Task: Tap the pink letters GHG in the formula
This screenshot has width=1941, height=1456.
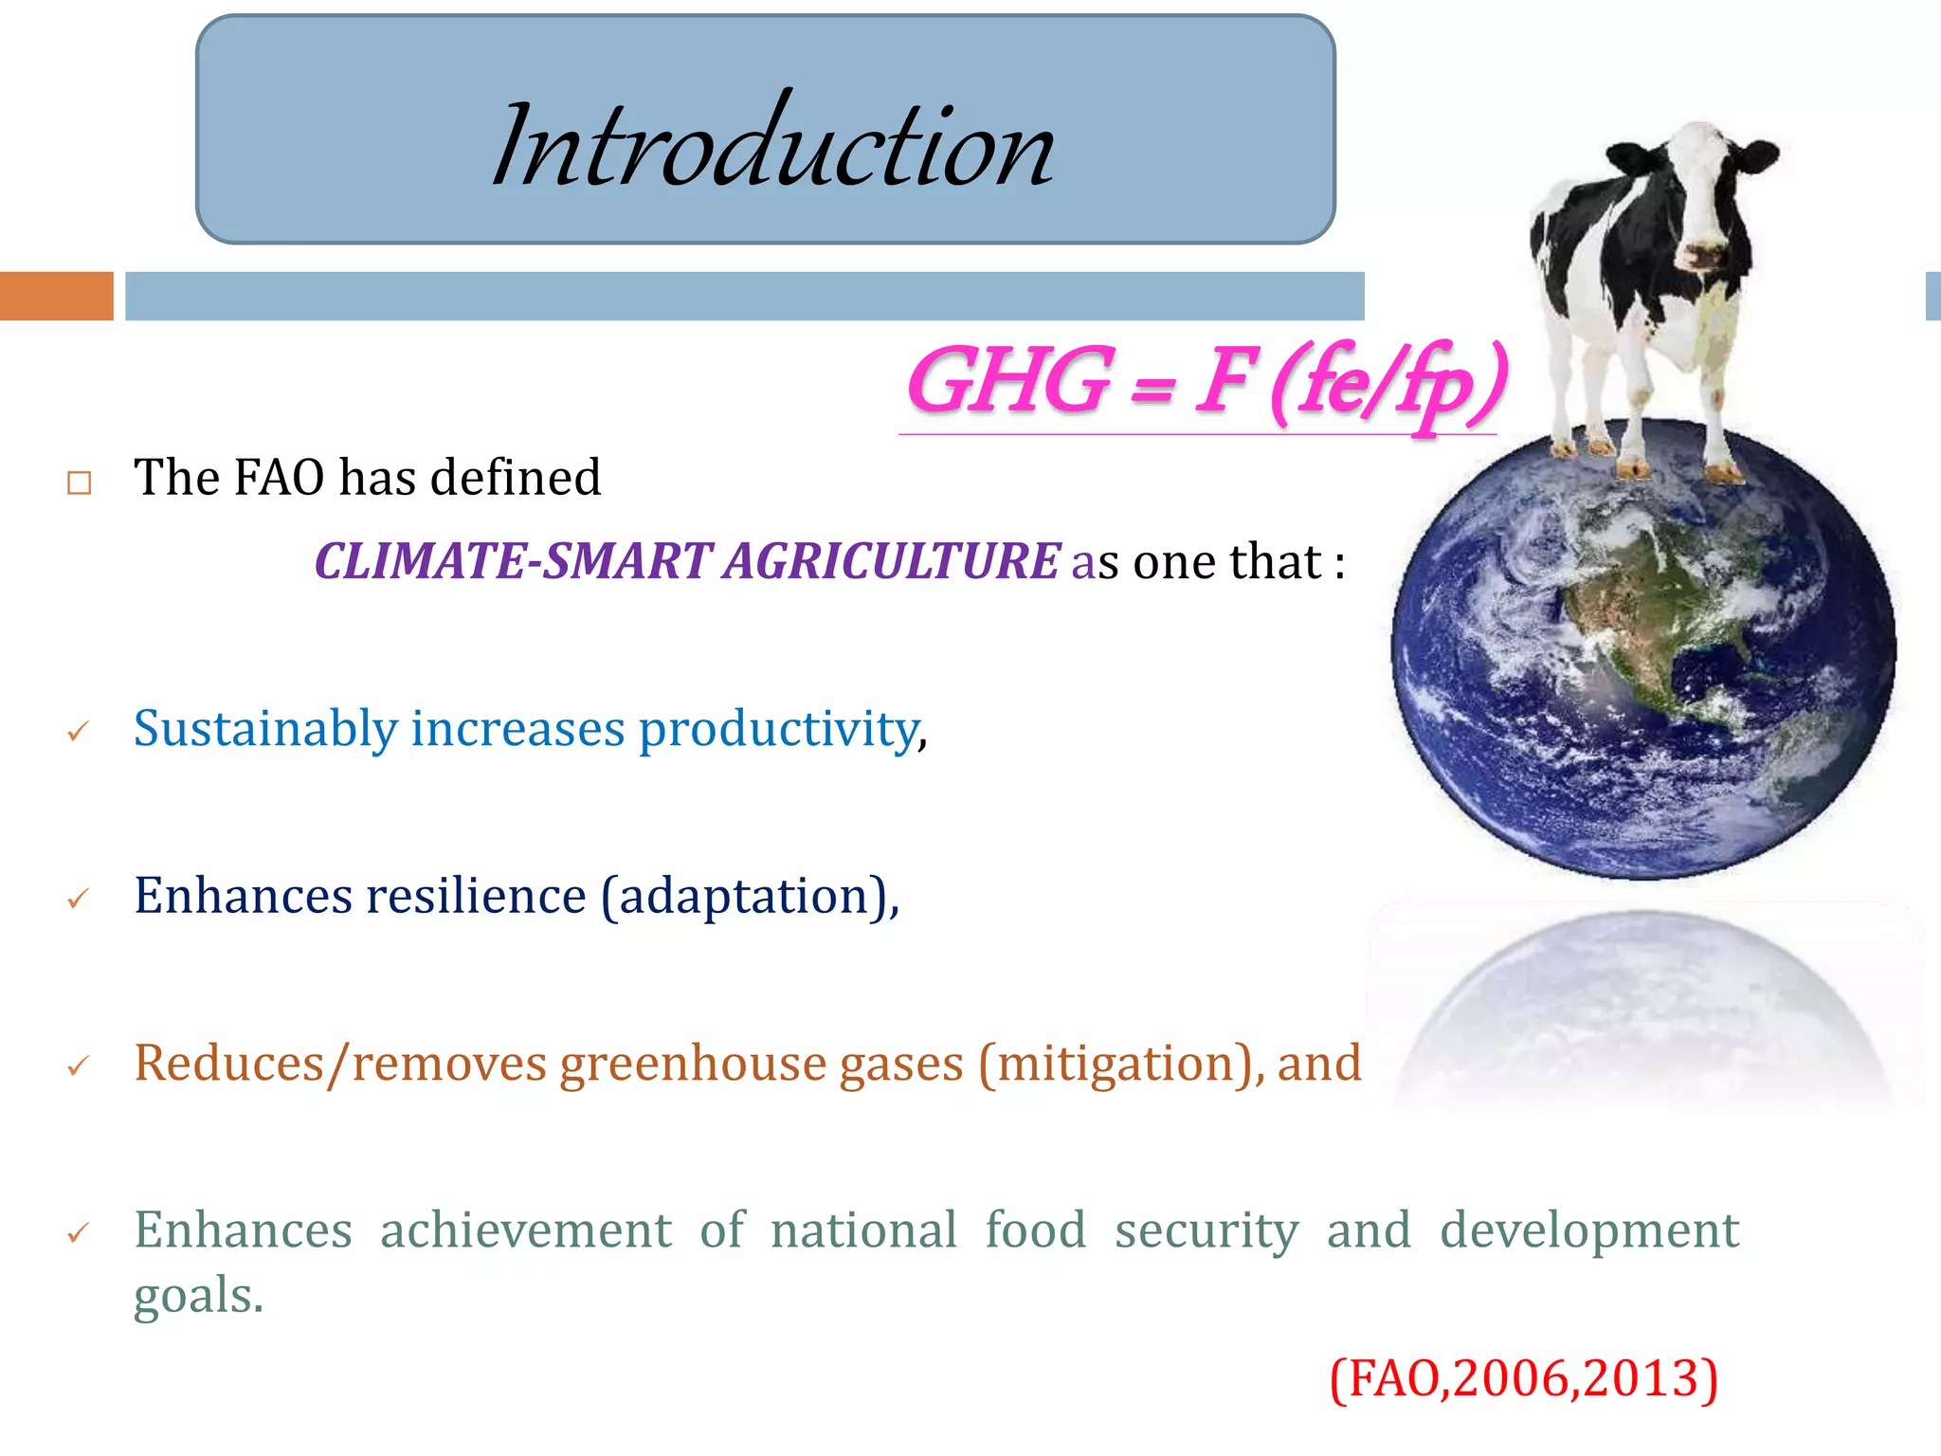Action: tap(1010, 381)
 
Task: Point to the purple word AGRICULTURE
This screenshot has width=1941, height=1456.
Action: tap(891, 561)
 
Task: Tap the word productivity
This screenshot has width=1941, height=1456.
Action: tap(779, 729)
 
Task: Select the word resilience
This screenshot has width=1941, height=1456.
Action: tap(476, 896)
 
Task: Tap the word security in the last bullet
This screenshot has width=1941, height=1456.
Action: tap(1206, 1230)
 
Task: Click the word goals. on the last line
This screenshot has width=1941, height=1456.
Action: tap(198, 1296)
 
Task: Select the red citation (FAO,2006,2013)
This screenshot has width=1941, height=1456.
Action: tap(1523, 1378)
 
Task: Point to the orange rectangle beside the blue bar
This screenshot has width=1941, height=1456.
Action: tap(56, 296)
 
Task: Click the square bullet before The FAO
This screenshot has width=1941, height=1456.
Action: tap(80, 483)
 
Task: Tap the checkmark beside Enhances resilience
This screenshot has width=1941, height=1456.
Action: tap(79, 899)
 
